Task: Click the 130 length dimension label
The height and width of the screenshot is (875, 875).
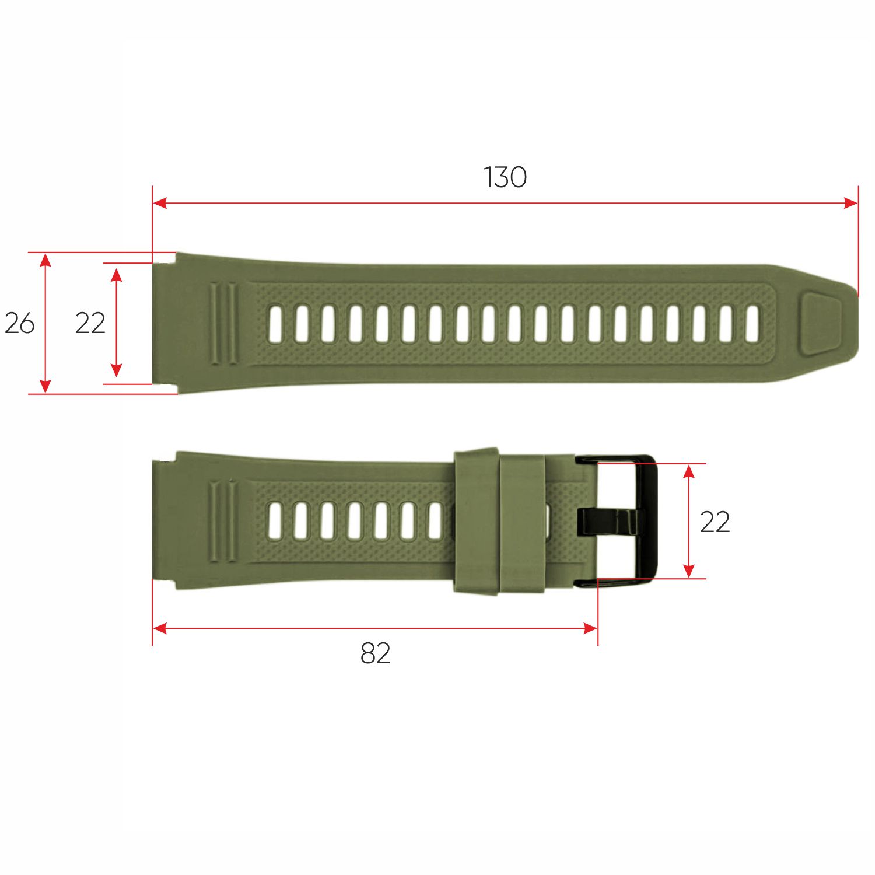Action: coord(505,177)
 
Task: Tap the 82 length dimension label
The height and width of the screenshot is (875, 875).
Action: coord(375,654)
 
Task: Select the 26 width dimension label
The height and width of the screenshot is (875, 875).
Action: coord(19,323)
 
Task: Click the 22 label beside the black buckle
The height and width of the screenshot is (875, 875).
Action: coord(715,522)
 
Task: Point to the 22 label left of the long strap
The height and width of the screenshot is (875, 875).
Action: coord(90,323)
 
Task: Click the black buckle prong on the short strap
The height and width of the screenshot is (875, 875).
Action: coord(610,521)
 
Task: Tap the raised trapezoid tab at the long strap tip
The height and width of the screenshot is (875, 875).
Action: coord(821,324)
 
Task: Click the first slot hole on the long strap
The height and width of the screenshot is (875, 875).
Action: coord(275,324)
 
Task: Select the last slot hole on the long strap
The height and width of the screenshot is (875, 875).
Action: coord(752,324)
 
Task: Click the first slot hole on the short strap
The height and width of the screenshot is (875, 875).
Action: coord(275,520)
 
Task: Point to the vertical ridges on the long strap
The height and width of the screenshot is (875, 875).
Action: coord(223,324)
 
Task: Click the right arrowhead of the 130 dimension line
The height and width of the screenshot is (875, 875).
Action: coord(852,203)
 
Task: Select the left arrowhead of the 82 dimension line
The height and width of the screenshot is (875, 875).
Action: coord(159,628)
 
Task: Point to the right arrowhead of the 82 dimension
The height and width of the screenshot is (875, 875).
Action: coord(591,628)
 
